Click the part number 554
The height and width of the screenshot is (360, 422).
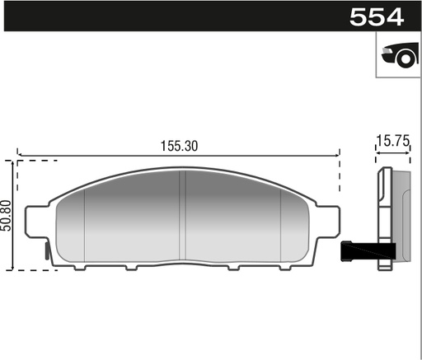[x=376, y=16]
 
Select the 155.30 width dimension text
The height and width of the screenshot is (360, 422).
[x=179, y=145]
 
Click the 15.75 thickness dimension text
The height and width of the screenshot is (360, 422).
[x=392, y=142]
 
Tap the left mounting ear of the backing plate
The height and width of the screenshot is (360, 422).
[x=35, y=222]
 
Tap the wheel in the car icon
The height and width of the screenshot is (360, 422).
[x=403, y=58]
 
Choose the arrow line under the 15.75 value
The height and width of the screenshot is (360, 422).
[x=392, y=153]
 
